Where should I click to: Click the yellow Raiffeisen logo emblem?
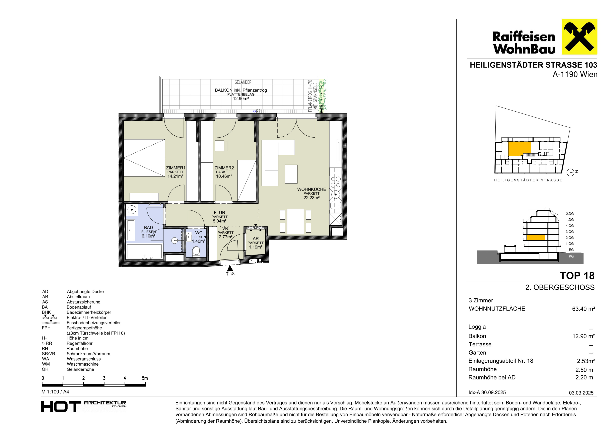click(579, 37)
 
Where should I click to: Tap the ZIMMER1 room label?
click(176, 168)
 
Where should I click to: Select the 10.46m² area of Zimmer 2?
click(224, 176)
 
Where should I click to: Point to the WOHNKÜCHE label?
click(312, 189)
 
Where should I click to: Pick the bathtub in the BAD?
click(144, 251)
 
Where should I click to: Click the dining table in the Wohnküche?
click(295, 221)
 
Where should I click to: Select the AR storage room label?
click(256, 239)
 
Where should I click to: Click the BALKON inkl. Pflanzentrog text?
click(241, 90)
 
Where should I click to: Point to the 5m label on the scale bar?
click(145, 378)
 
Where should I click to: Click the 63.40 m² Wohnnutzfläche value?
click(583, 309)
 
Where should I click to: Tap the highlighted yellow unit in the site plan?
click(519, 149)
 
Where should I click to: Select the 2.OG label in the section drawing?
click(570, 238)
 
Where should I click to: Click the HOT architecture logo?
click(84, 406)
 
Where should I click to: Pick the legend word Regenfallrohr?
click(80, 343)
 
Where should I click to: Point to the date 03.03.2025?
click(581, 393)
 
